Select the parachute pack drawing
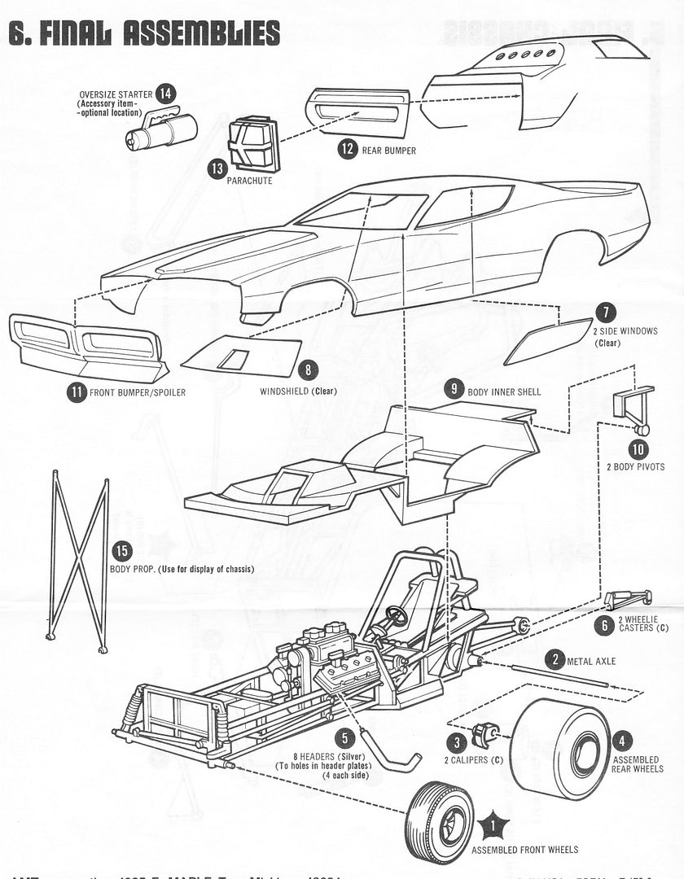coord(253,145)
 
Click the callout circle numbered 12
coord(348,149)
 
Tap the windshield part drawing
coord(241,356)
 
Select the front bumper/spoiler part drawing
coord(85,346)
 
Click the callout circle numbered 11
coord(77,392)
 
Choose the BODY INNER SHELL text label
coord(504,391)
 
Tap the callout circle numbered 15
coord(122,551)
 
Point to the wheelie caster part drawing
coord(628,599)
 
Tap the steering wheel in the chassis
coord(397,614)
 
